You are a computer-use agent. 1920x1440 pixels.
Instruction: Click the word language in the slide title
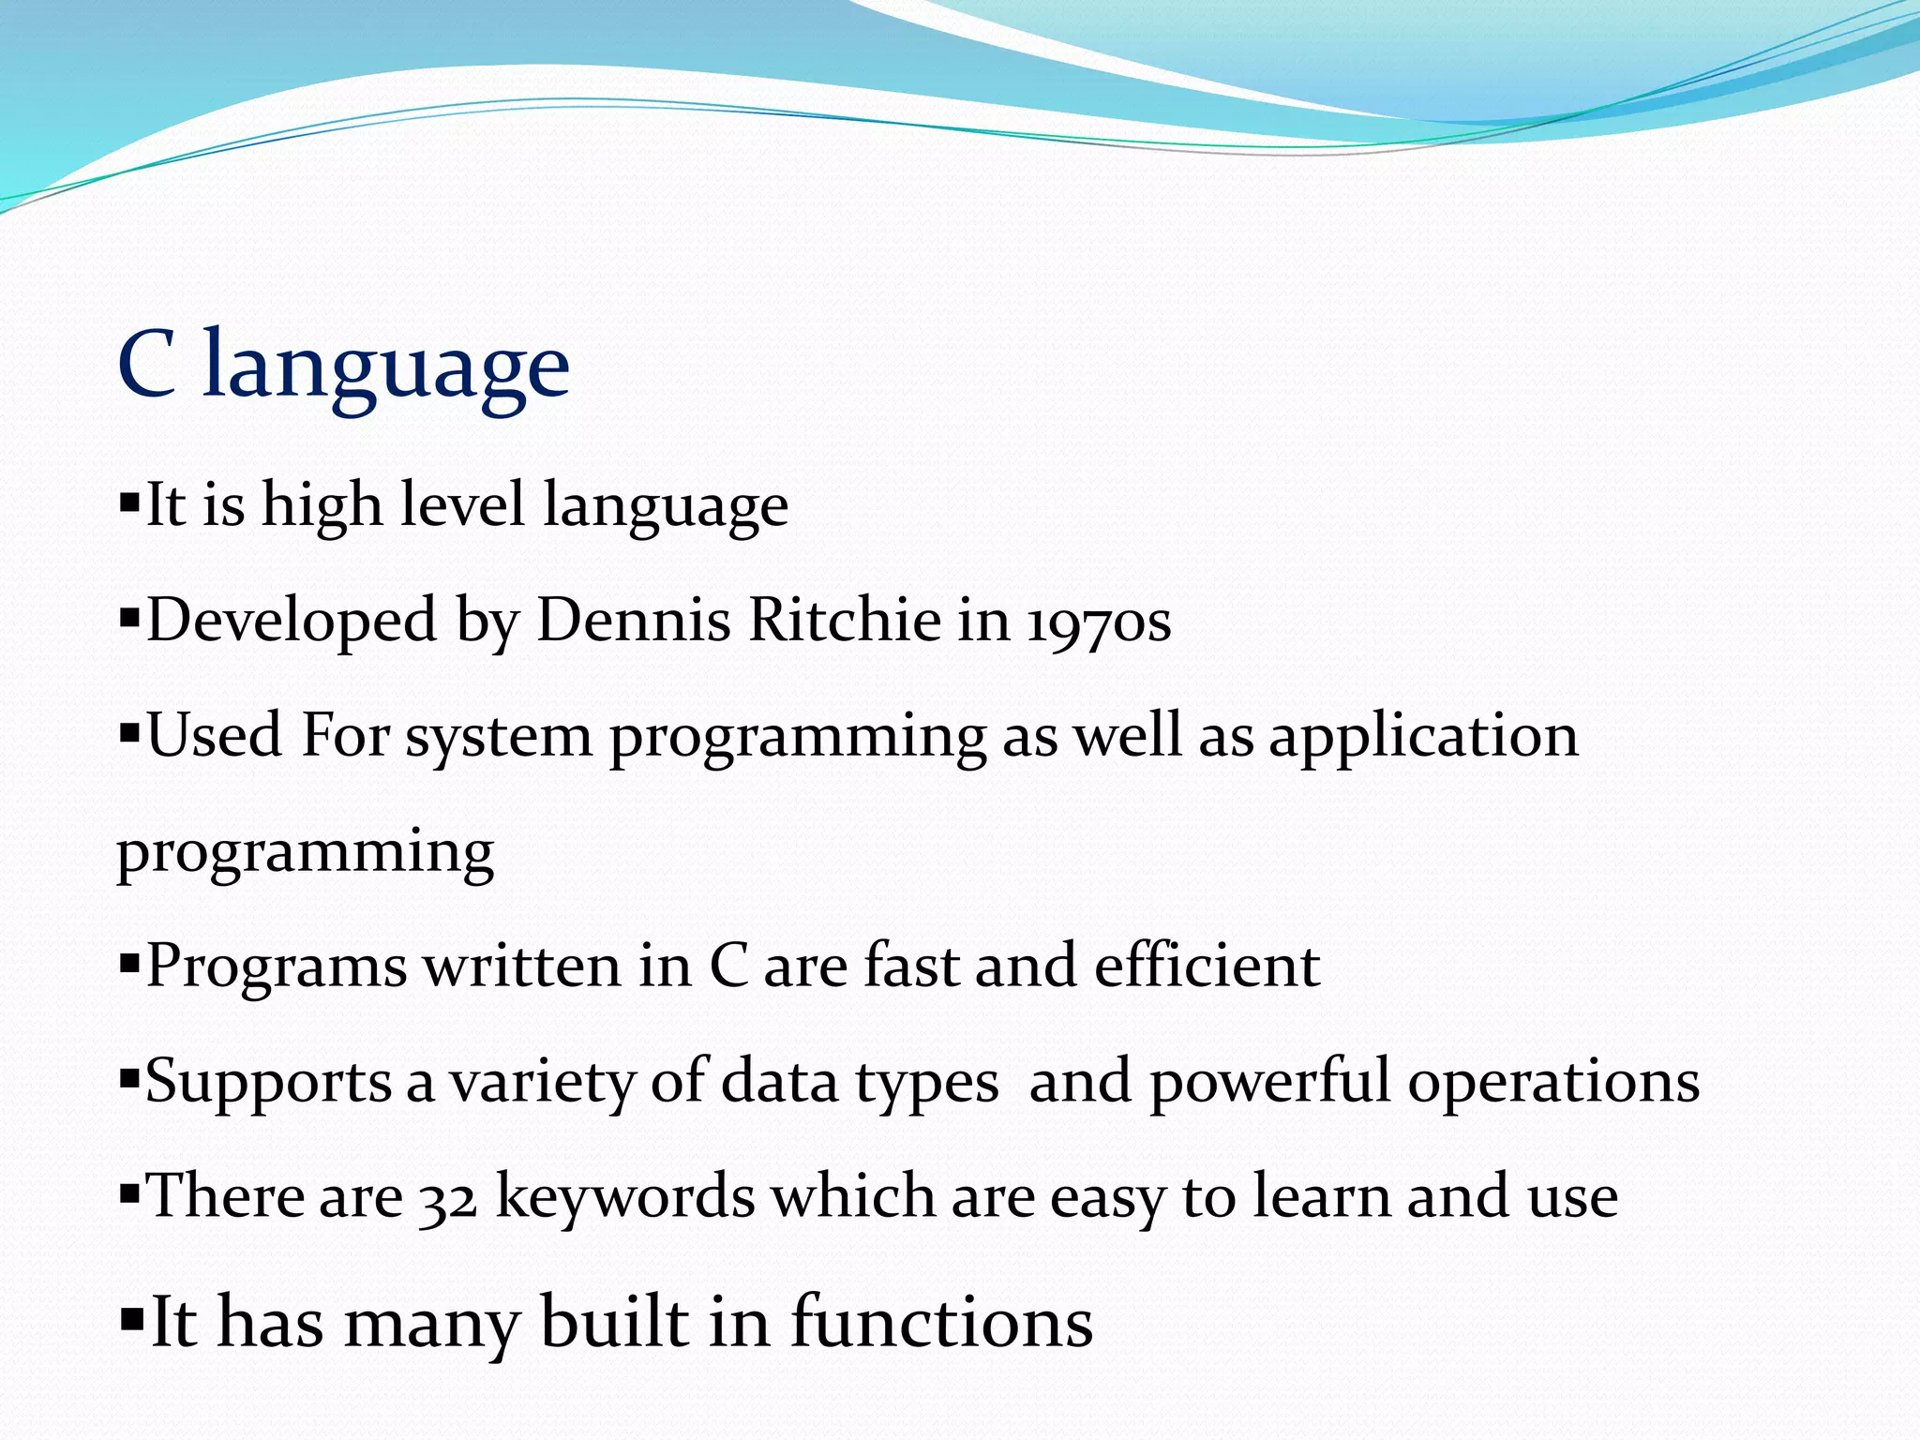[x=386, y=367]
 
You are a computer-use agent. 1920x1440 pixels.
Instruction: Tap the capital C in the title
[x=147, y=366]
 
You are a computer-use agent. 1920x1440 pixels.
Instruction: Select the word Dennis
[x=633, y=621]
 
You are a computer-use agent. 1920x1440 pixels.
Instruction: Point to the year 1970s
[x=1099, y=622]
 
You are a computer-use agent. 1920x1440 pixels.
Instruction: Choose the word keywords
[x=624, y=1198]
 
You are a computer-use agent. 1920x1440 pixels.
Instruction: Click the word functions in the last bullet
[x=941, y=1322]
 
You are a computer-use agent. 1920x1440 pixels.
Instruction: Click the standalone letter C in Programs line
[x=727, y=966]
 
